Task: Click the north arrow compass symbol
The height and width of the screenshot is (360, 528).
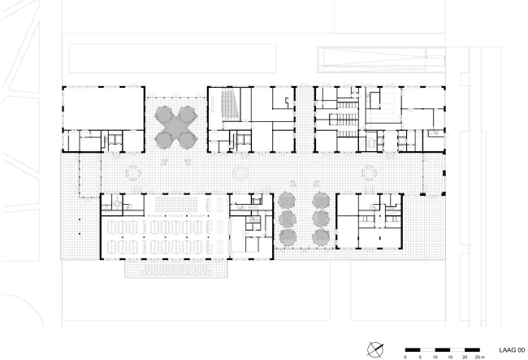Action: (375, 348)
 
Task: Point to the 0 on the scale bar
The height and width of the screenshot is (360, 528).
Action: (405, 357)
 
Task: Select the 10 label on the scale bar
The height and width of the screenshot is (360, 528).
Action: (435, 357)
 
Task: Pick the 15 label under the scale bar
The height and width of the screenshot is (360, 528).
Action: (450, 357)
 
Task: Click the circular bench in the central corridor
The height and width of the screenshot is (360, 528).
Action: (240, 172)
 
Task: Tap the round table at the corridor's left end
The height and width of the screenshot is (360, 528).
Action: (132, 172)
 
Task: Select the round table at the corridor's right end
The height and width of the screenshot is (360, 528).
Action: (370, 172)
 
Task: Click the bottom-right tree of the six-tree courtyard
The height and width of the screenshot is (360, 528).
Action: (317, 237)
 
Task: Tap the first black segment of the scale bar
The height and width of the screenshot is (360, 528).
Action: (413, 348)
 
